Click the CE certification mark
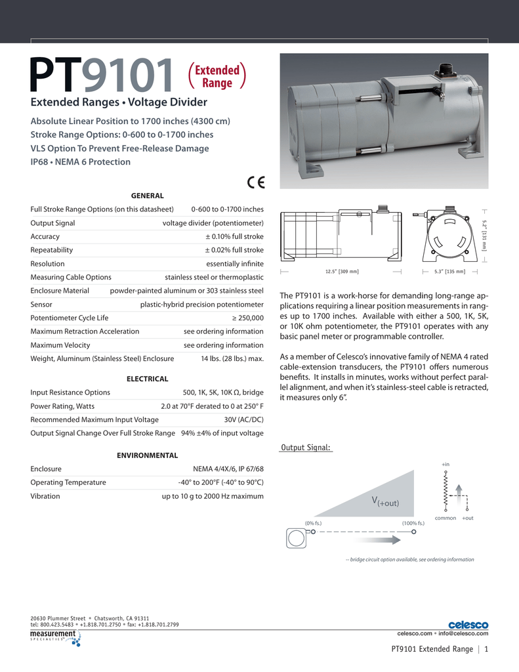click(x=256, y=183)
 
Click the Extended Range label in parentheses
click(x=217, y=76)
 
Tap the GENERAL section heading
click(x=147, y=196)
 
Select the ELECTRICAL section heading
click(x=147, y=379)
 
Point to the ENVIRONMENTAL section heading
click(x=147, y=455)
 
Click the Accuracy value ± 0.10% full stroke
click(x=234, y=236)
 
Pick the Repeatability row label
click(x=52, y=250)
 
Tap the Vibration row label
click(x=45, y=496)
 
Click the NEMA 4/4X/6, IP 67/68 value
click(x=228, y=469)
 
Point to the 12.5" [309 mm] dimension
click(x=342, y=271)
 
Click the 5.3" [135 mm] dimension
click(x=449, y=271)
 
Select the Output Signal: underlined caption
click(x=306, y=448)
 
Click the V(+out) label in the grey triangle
click(x=385, y=502)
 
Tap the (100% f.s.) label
click(x=413, y=522)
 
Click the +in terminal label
click(x=446, y=464)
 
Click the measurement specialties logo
click(x=55, y=637)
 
